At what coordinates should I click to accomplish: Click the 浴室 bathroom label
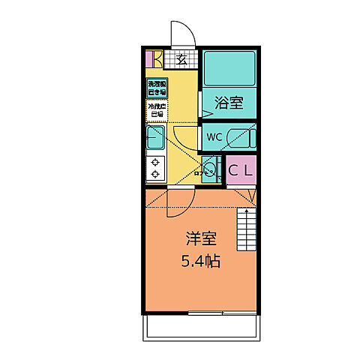tap(229, 103)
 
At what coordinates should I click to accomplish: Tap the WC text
tap(214, 137)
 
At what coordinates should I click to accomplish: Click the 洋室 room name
tap(201, 241)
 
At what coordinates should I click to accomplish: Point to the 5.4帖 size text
tap(201, 262)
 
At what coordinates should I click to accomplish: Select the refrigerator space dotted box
tap(156, 110)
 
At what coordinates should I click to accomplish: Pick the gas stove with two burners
tap(155, 169)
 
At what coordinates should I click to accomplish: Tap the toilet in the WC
tap(241, 138)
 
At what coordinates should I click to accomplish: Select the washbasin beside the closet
tap(210, 169)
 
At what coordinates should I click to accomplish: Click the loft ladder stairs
tap(247, 229)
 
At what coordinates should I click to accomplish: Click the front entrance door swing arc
tap(182, 33)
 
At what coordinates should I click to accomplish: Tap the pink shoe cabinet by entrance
tap(149, 58)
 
